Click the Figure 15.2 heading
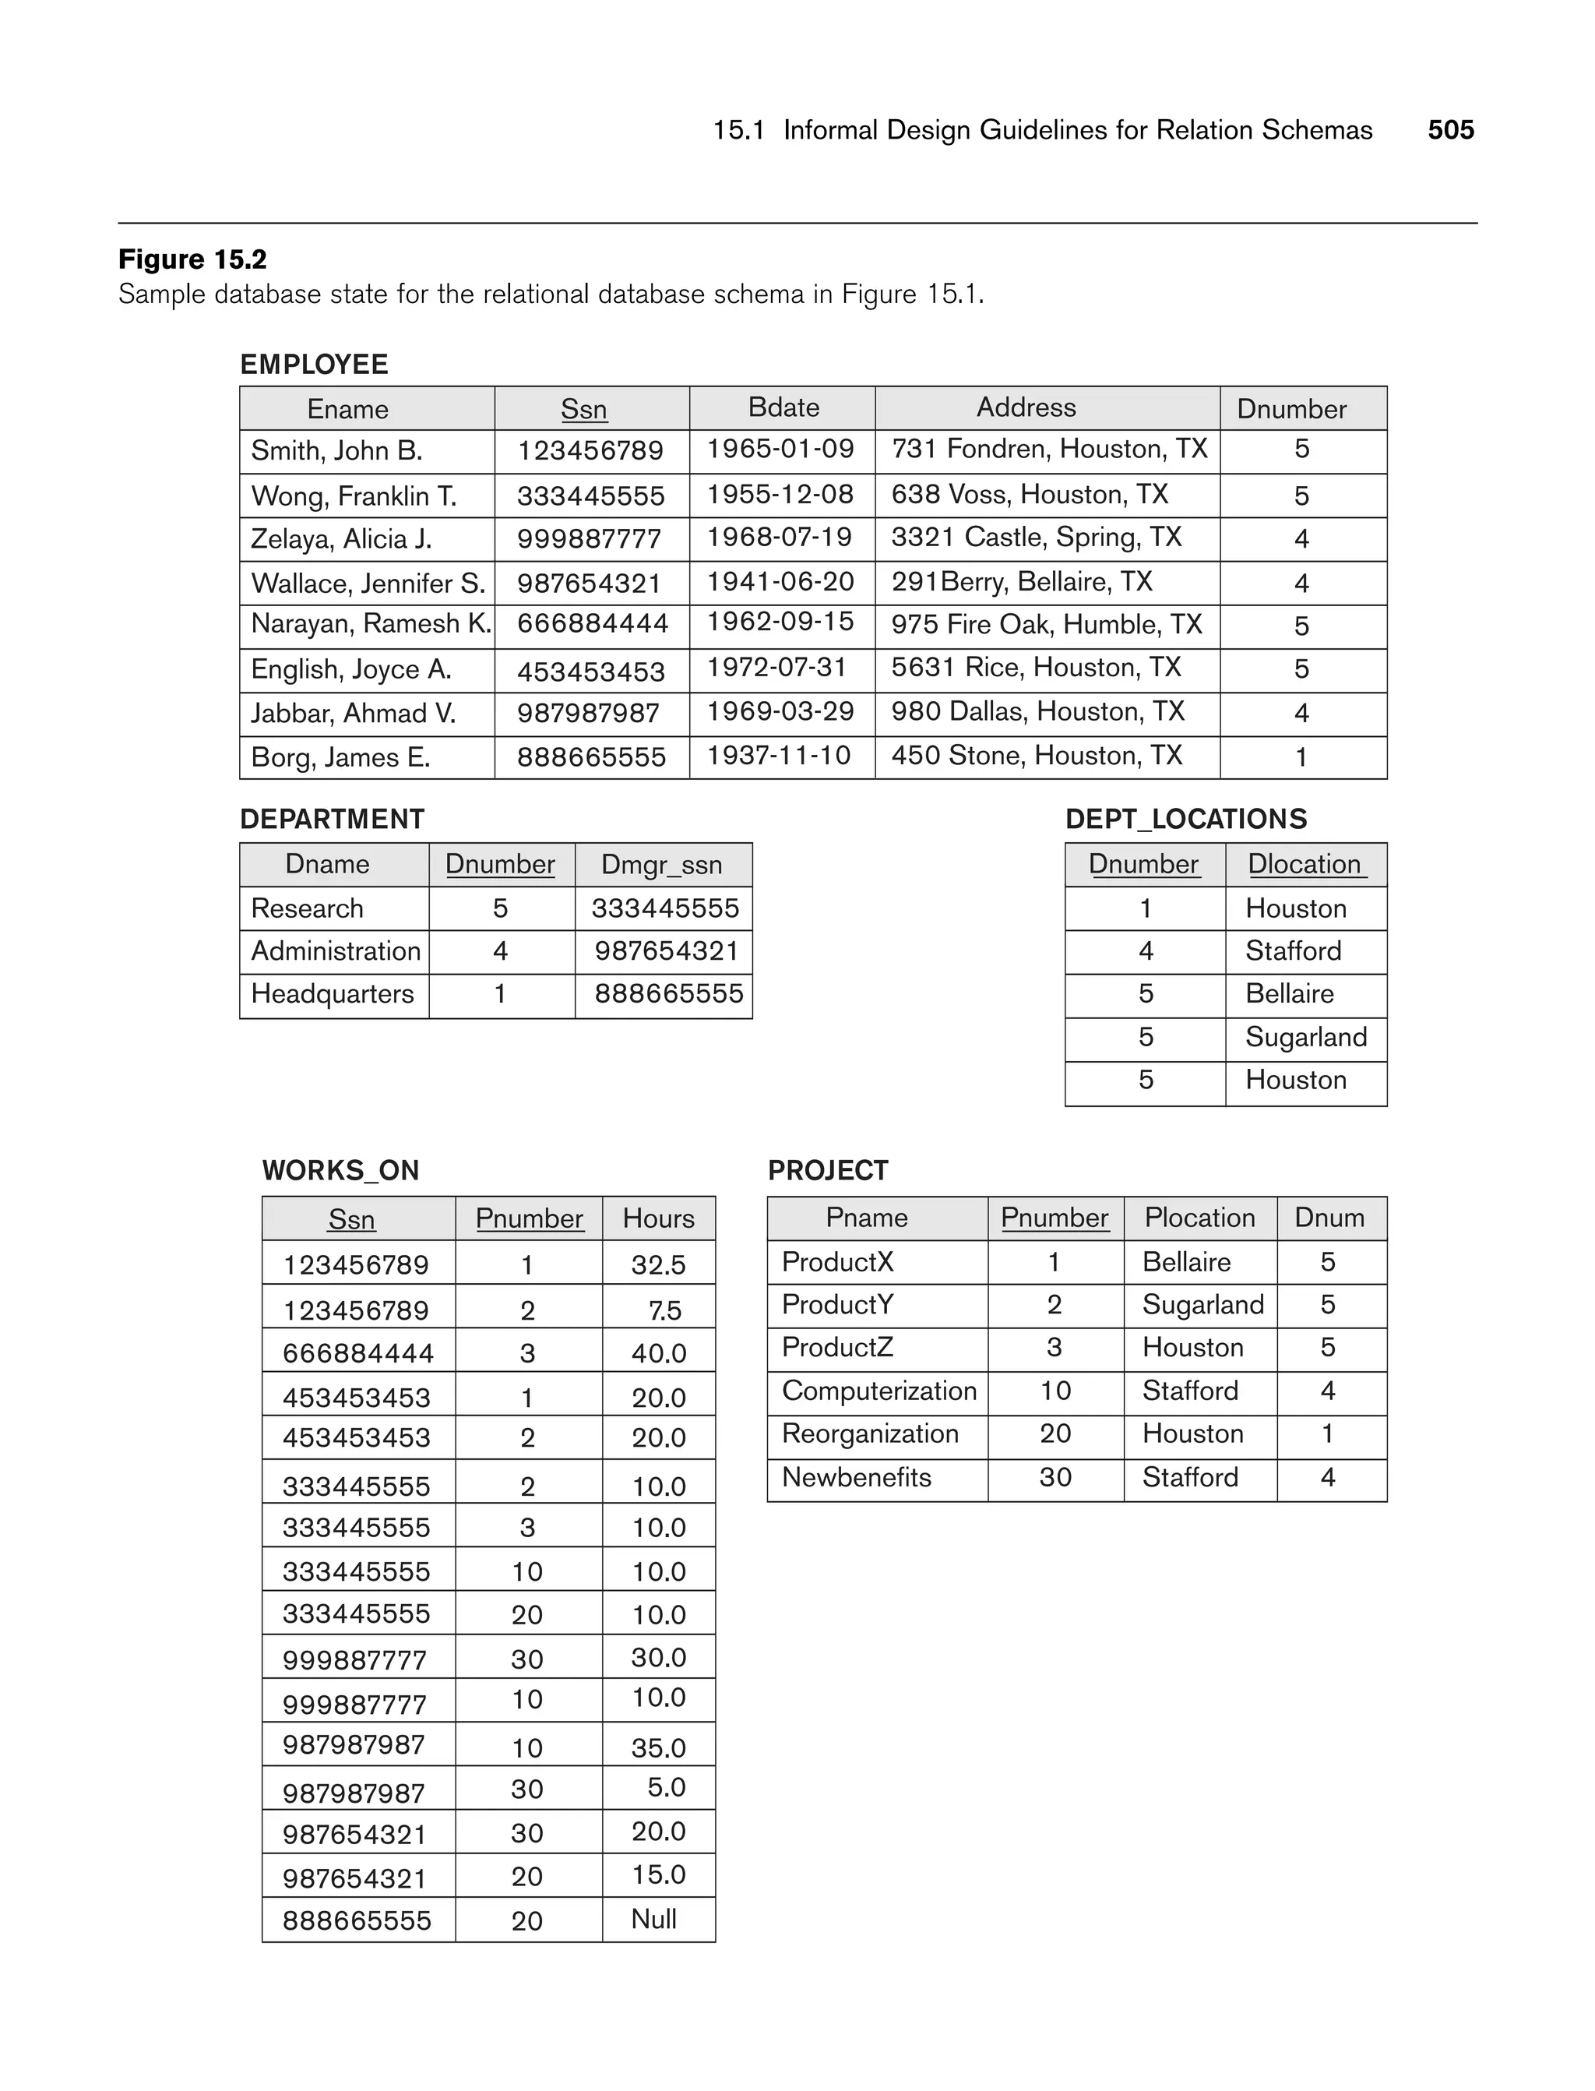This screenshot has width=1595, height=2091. click(x=192, y=259)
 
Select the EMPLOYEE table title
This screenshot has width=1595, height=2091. click(x=315, y=365)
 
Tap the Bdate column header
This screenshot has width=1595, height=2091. click(x=783, y=407)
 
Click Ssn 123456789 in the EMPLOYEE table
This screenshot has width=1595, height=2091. click(x=590, y=450)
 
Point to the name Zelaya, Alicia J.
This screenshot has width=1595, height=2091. click(x=341, y=539)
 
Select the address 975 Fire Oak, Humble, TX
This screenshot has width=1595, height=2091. click(x=1046, y=625)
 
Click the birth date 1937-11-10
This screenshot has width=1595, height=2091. click(x=779, y=756)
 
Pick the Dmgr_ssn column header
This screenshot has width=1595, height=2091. click(x=662, y=865)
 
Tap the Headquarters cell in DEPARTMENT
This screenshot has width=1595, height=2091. click(x=333, y=994)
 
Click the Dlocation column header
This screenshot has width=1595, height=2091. click(x=1305, y=864)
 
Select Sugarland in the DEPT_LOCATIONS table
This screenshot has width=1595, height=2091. click(x=1305, y=1037)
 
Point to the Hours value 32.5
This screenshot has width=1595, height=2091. click(x=658, y=1265)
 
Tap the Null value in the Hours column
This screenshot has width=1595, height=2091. click(x=653, y=1919)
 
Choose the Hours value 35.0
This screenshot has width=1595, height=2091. click(x=658, y=1748)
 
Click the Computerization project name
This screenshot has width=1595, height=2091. click(x=879, y=1391)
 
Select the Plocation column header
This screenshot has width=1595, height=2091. click(x=1199, y=1218)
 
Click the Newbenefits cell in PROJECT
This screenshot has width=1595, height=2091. click(x=857, y=1478)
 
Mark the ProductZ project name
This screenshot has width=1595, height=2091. click(x=837, y=1348)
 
